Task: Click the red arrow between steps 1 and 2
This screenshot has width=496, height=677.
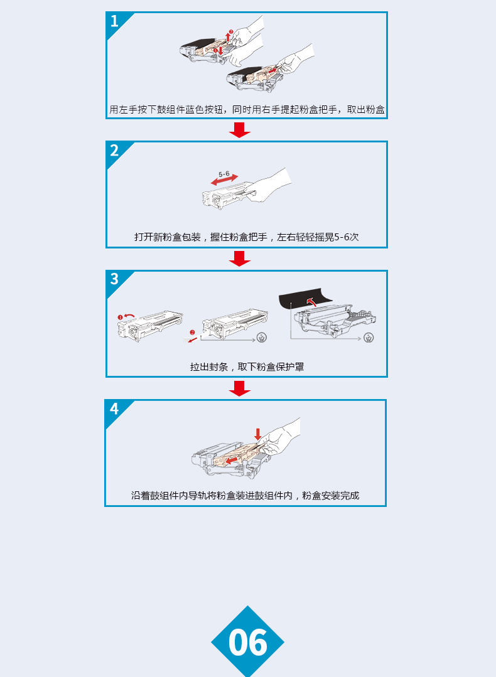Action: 240,130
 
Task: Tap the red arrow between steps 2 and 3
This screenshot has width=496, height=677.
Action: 240,259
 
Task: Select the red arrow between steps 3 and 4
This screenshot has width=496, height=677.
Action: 240,388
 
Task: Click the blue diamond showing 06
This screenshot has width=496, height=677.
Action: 247,642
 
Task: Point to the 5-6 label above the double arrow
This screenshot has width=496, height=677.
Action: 224,174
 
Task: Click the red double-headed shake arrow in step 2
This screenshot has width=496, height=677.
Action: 224,179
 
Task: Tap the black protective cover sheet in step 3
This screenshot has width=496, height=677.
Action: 305,298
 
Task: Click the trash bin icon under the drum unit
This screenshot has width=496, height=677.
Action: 369,338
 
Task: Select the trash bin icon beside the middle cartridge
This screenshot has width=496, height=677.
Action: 261,338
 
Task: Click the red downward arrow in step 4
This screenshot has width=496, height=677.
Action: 258,434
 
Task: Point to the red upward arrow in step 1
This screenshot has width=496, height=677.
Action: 228,36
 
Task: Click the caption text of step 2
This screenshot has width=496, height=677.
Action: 246,237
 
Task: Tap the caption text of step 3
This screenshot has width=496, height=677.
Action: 247,367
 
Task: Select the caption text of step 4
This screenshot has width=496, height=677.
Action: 245,496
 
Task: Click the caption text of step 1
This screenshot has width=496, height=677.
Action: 247,110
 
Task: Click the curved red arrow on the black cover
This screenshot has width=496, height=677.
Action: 311,301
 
